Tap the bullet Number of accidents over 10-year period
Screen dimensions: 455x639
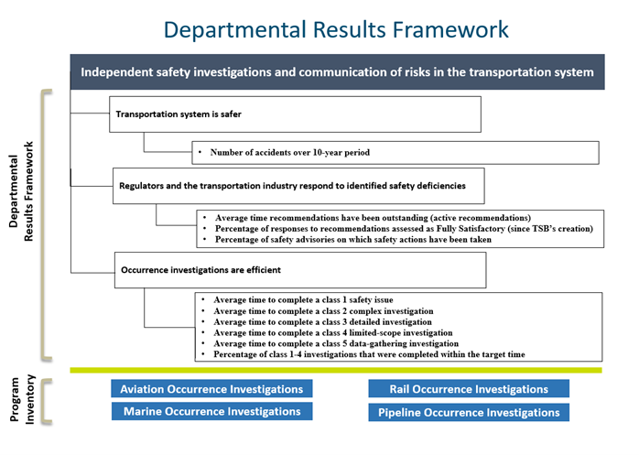point(289,152)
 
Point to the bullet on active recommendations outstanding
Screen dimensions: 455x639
point(373,218)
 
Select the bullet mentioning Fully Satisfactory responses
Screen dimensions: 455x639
point(404,228)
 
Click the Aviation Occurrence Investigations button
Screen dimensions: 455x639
point(211,389)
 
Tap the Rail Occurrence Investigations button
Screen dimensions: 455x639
point(468,389)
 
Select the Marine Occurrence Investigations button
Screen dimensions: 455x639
point(211,412)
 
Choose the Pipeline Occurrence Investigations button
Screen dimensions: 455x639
point(468,413)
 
